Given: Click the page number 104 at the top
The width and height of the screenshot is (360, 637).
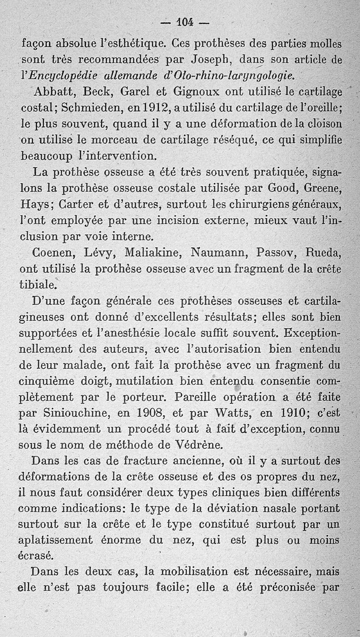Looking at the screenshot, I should point(184,22).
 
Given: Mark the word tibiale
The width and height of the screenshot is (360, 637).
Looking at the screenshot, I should point(39,285).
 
